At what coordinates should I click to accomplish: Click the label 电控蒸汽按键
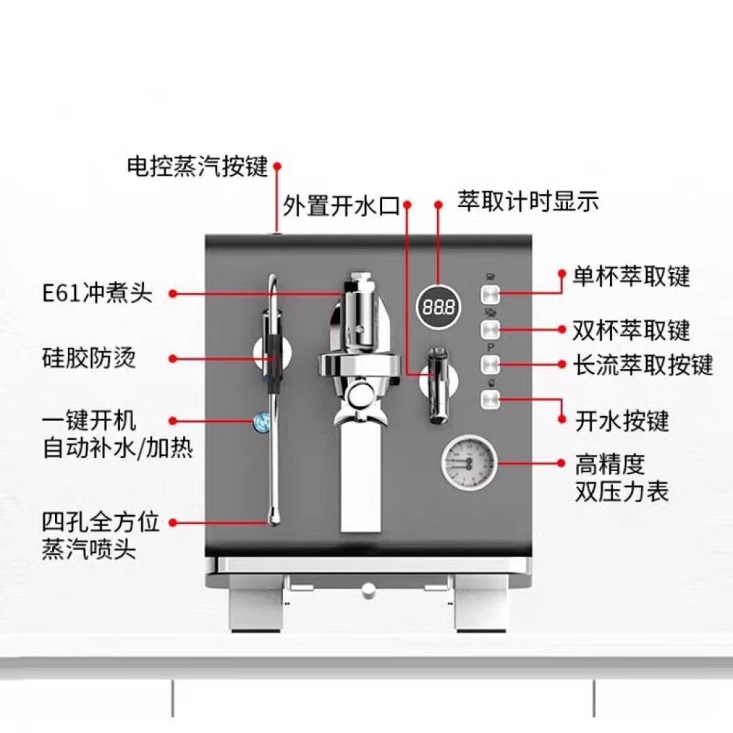tap(198, 166)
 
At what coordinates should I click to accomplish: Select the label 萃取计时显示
tap(528, 202)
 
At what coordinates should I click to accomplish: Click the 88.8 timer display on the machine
tap(438, 307)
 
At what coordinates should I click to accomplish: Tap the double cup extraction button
tap(491, 331)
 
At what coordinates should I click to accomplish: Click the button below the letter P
tap(491, 364)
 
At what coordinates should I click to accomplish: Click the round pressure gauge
tap(468, 463)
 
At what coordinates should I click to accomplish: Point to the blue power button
tap(259, 421)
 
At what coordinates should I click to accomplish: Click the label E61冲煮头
tap(98, 294)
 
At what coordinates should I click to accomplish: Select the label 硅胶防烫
tap(88, 358)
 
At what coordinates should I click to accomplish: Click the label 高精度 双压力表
tap(622, 478)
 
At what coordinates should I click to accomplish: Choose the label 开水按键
tap(622, 421)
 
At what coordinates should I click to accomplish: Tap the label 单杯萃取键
tap(631, 277)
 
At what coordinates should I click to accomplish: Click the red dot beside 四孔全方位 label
tap(172, 523)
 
